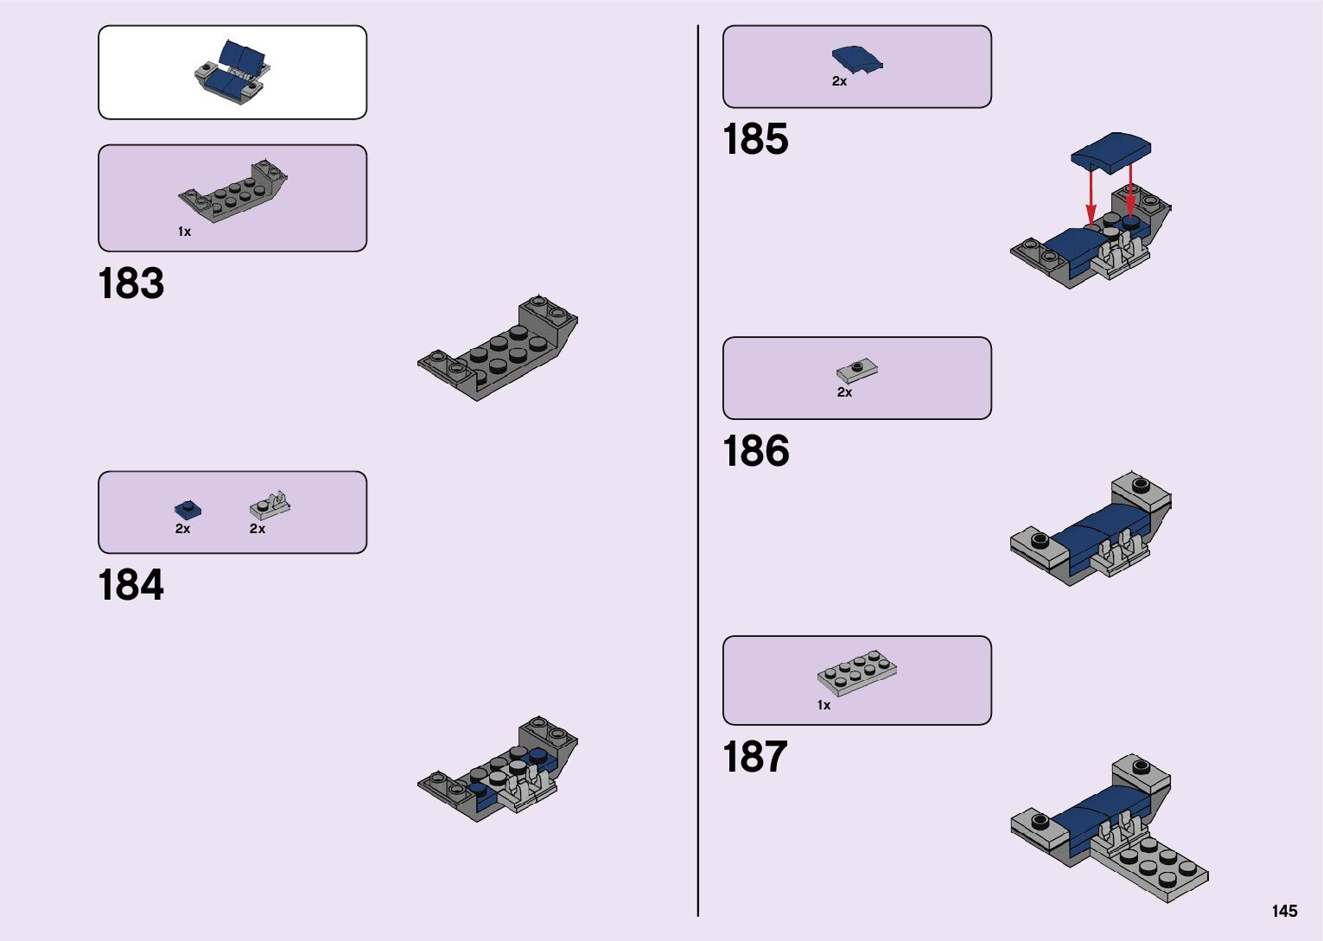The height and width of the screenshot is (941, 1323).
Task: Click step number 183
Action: click(131, 283)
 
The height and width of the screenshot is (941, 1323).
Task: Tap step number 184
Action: click(131, 585)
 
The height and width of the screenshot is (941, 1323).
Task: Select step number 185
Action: click(755, 139)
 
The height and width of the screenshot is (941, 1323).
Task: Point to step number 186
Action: click(756, 451)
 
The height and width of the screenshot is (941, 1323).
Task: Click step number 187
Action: click(755, 757)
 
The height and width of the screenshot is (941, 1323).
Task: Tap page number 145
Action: click(1284, 911)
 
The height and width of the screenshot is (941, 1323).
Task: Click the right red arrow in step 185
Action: click(1129, 188)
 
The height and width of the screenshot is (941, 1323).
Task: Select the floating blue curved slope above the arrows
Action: click(1111, 149)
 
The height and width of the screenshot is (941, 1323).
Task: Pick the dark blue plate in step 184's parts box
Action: click(188, 509)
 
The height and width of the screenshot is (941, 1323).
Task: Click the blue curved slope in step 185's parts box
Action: click(856, 59)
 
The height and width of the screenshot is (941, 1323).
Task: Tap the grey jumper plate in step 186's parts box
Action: click(857, 371)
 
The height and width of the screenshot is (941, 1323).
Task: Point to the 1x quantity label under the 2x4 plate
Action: click(824, 705)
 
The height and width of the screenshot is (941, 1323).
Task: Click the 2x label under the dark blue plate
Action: click(182, 528)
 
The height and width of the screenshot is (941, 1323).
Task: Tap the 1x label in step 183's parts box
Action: click(184, 232)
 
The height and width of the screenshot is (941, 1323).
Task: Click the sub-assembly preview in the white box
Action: click(232, 71)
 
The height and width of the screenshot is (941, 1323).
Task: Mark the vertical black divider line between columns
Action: click(698, 470)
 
